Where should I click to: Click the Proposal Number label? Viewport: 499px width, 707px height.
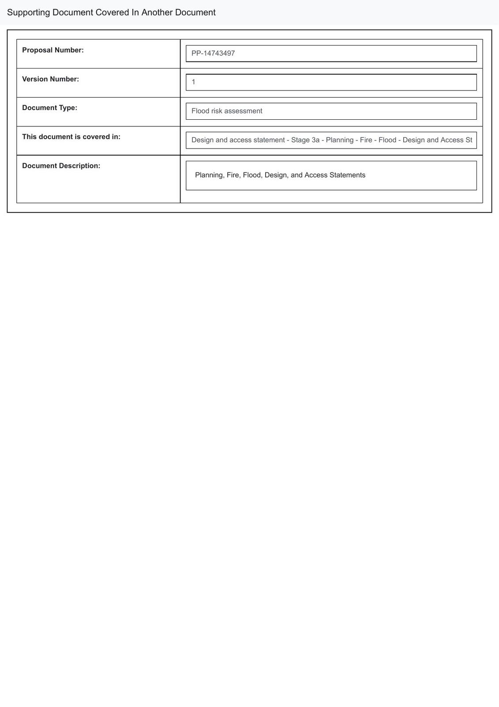(53, 50)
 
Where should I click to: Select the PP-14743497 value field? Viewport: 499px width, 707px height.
(331, 53)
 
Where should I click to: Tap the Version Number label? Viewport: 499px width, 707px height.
(50, 79)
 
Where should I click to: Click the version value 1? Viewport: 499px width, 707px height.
(194, 82)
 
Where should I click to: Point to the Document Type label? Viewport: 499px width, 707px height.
(49, 108)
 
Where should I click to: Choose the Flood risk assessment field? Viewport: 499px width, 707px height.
(331, 111)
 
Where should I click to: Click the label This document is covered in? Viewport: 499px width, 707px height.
(71, 137)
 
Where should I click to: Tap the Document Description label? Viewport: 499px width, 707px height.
(61, 166)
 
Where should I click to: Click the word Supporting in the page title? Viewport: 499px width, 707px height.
(28, 12)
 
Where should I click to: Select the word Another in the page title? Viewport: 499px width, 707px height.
(157, 12)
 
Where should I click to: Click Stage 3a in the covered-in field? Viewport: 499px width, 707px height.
(305, 140)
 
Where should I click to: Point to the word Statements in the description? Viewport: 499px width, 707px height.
(347, 175)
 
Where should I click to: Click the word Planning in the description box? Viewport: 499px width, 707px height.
(210, 175)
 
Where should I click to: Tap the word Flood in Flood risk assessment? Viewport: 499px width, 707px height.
(200, 111)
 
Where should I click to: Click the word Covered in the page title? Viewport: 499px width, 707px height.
(112, 12)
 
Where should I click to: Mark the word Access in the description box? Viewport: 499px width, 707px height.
(316, 175)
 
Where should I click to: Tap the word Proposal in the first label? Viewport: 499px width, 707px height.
(37, 50)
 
